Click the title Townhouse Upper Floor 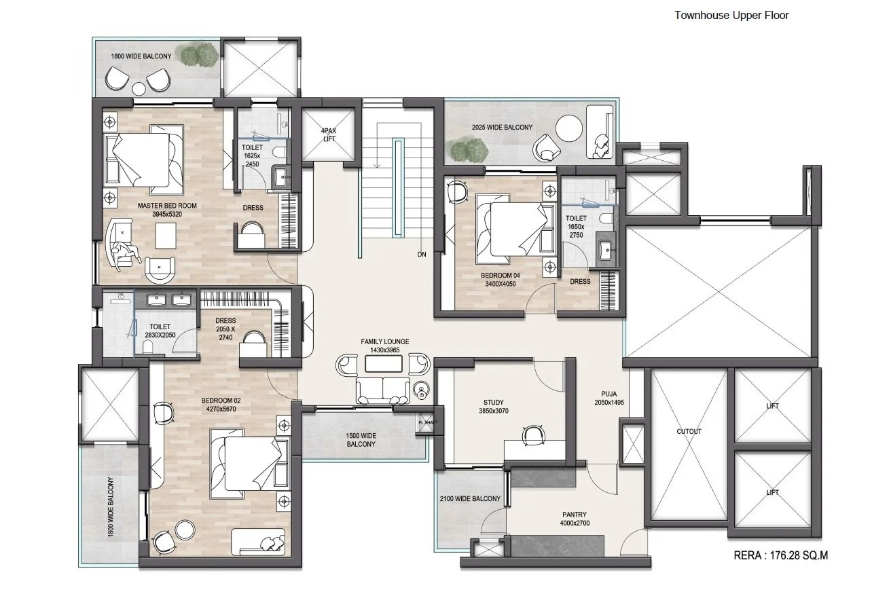pos(731,16)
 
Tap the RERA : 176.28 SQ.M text pos(780,555)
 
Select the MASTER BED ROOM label pos(167,206)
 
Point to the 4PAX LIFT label pos(329,134)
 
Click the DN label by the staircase pos(422,255)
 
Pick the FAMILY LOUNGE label pos(385,341)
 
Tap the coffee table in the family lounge pos(384,363)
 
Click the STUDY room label pos(494,403)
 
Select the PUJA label pos(609,394)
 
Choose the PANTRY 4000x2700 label pos(575,519)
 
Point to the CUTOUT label pos(689,431)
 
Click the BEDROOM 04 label pos(501,276)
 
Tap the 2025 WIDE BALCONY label pos(502,127)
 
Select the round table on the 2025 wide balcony pos(568,128)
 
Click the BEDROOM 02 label pos(221,401)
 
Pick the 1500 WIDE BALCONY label pos(361,440)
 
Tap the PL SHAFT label pos(428,423)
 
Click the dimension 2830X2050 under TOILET pos(160,335)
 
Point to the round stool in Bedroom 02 pos(185,530)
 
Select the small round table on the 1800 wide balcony pos(139,89)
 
